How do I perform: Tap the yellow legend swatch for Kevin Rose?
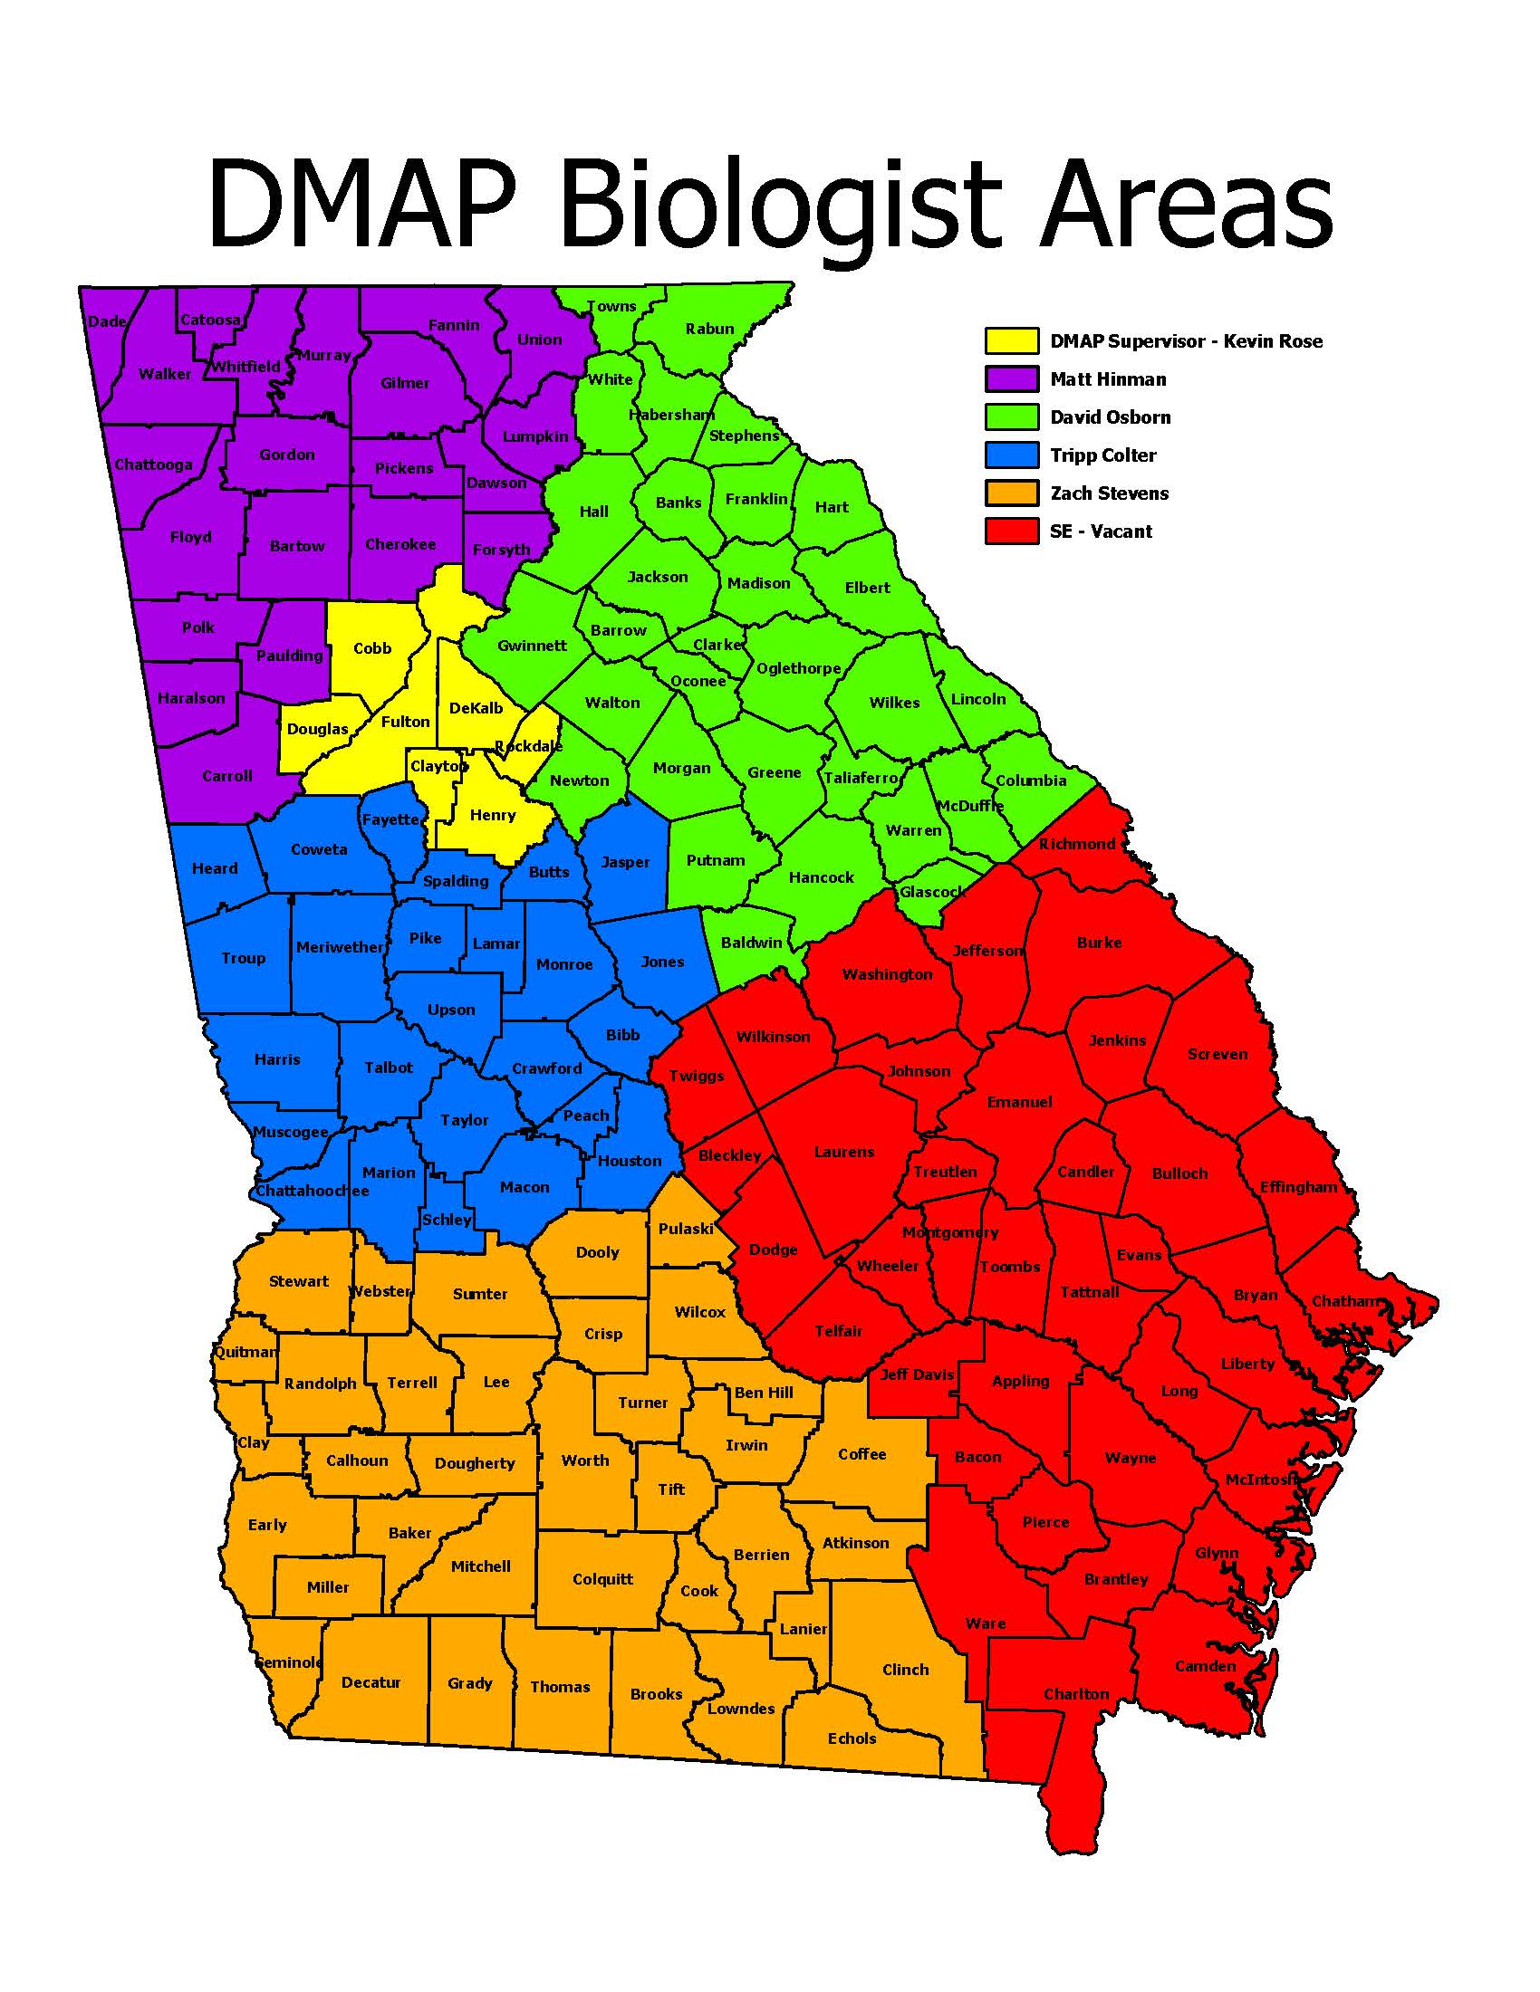pyautogui.click(x=1011, y=340)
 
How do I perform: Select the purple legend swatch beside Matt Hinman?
pyautogui.click(x=1011, y=378)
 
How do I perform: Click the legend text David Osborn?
pyautogui.click(x=1110, y=417)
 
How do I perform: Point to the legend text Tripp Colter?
pyautogui.click(x=1102, y=455)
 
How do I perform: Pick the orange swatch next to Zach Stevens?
pyautogui.click(x=1011, y=493)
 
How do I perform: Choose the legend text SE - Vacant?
pyautogui.click(x=1101, y=532)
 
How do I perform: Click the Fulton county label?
pyautogui.click(x=405, y=722)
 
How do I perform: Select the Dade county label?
pyautogui.click(x=107, y=321)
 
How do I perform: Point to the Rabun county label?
pyautogui.click(x=709, y=329)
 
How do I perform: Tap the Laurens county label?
pyautogui.click(x=844, y=1152)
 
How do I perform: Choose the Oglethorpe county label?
pyautogui.click(x=798, y=667)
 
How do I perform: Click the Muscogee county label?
pyautogui.click(x=290, y=1132)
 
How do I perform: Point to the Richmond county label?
pyautogui.click(x=1076, y=844)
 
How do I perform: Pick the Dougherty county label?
pyautogui.click(x=475, y=1463)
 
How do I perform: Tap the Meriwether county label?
pyautogui.click(x=340, y=947)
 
